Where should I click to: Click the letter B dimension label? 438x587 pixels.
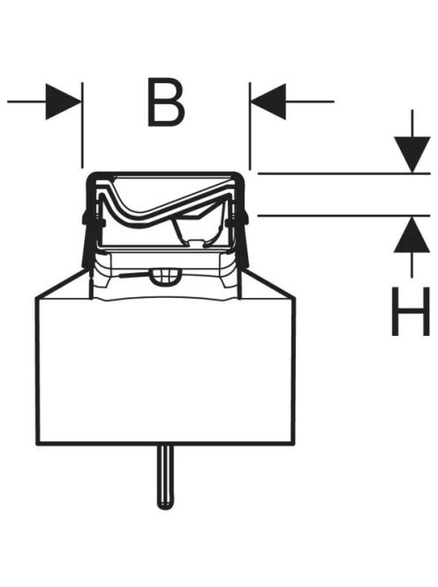pyautogui.click(x=166, y=102)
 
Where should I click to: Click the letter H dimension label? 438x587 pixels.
pyautogui.click(x=411, y=311)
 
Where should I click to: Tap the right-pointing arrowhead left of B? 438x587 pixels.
pyautogui.click(x=64, y=102)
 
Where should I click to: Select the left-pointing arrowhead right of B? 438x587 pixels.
pyautogui.click(x=268, y=102)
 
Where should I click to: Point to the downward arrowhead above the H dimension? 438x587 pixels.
pyautogui.click(x=412, y=155)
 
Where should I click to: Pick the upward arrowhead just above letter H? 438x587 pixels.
pyautogui.click(x=412, y=235)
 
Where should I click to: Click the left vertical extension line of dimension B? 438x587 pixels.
pyautogui.click(x=82, y=125)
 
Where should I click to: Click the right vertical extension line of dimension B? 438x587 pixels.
pyautogui.click(x=250, y=126)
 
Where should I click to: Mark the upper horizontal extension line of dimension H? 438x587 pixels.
pyautogui.click(x=344, y=173)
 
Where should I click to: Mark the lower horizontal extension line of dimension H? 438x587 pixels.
pyautogui.click(x=344, y=216)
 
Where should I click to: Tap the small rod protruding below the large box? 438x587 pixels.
pyautogui.click(x=165, y=477)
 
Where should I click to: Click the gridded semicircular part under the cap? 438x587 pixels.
pyautogui.click(x=166, y=278)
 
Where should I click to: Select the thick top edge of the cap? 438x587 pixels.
pyautogui.click(x=165, y=173)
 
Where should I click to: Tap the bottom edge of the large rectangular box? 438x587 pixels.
pyautogui.click(x=165, y=444)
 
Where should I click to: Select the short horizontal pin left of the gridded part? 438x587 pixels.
pyautogui.click(x=135, y=276)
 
